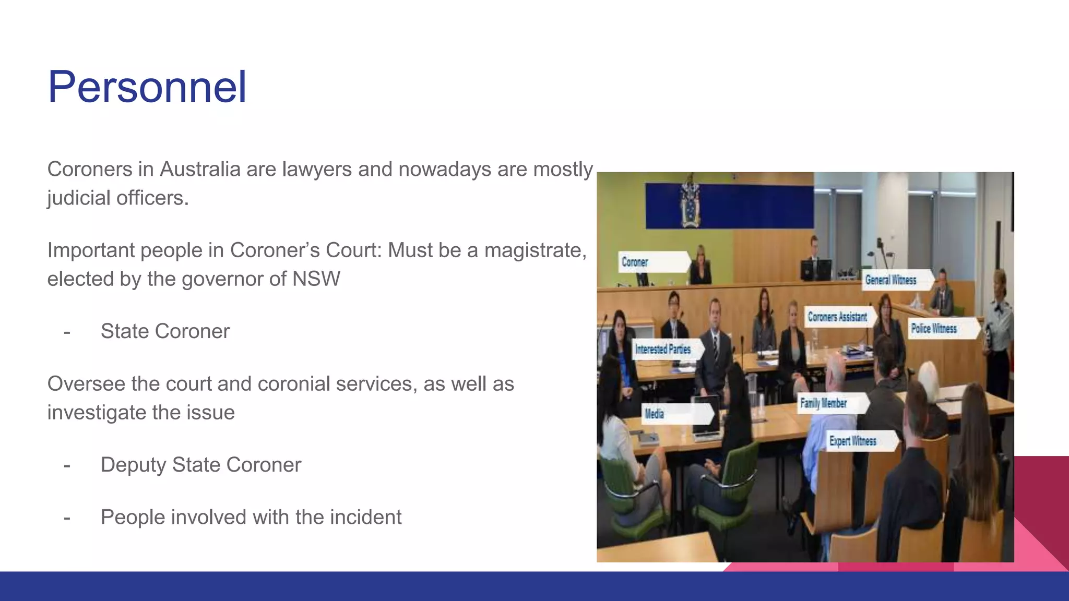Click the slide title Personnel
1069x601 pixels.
click(147, 87)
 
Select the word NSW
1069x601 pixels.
click(316, 279)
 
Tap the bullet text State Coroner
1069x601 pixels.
click(165, 331)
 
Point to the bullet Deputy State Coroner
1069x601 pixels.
click(200, 465)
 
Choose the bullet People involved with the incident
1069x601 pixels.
click(251, 518)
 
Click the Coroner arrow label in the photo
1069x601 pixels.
click(635, 262)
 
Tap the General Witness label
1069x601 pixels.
click(891, 280)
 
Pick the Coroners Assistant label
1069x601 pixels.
click(837, 317)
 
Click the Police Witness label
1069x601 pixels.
click(934, 329)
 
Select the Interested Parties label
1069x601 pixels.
click(663, 350)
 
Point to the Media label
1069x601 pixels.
click(655, 414)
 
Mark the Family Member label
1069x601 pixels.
click(824, 403)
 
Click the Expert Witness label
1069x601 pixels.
click(853, 441)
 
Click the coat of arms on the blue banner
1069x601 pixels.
click(691, 205)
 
